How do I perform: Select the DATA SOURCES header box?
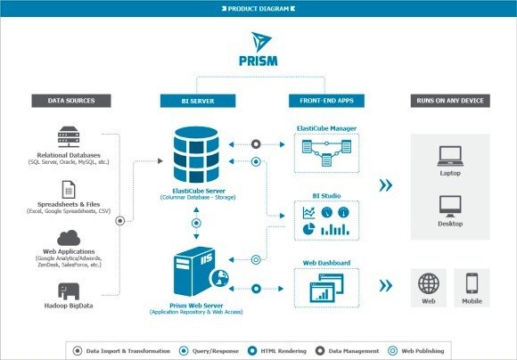67,100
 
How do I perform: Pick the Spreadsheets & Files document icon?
68,189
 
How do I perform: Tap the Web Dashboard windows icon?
326,289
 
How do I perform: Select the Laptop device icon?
449,157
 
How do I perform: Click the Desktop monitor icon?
449,207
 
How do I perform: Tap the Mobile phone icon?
472,285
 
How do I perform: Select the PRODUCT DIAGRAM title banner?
259,8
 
